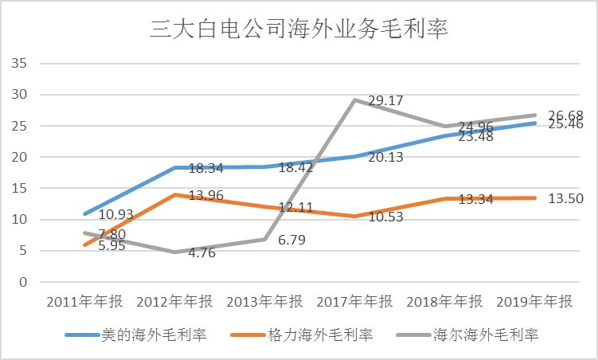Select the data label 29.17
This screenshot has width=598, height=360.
(x=385, y=101)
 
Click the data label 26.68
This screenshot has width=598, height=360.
(x=566, y=115)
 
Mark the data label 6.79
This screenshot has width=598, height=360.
(x=294, y=238)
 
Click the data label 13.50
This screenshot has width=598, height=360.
(x=566, y=198)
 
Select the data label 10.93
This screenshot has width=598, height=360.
(x=115, y=216)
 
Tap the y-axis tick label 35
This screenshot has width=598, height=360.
(x=21, y=64)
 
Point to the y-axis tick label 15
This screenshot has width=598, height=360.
(x=21, y=189)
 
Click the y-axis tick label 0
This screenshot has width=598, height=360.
(x=25, y=283)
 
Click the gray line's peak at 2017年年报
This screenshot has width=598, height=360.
(x=354, y=100)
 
